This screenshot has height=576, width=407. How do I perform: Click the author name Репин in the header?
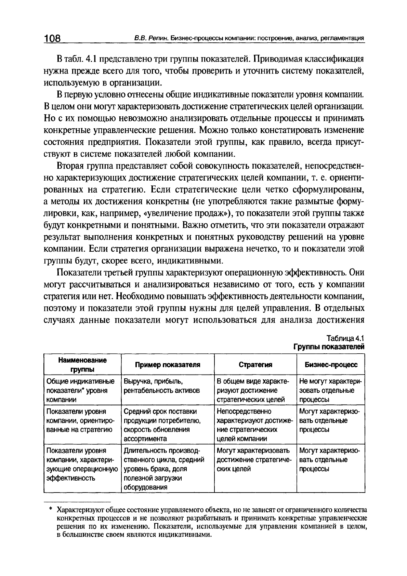(159, 38)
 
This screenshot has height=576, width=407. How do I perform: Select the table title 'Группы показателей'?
(329, 346)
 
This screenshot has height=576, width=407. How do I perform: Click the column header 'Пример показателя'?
(167, 365)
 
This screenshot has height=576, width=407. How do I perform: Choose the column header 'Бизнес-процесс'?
(331, 365)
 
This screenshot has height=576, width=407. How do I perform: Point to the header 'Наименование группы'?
(82, 365)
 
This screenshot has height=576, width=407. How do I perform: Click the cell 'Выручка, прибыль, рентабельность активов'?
(162, 386)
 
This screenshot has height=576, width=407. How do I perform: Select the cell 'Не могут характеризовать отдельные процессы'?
(330, 390)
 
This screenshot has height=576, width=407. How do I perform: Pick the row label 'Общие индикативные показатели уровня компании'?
(80, 390)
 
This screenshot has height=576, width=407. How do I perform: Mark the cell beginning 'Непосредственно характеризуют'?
(254, 425)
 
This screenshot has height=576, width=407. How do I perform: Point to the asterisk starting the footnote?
(50, 509)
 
